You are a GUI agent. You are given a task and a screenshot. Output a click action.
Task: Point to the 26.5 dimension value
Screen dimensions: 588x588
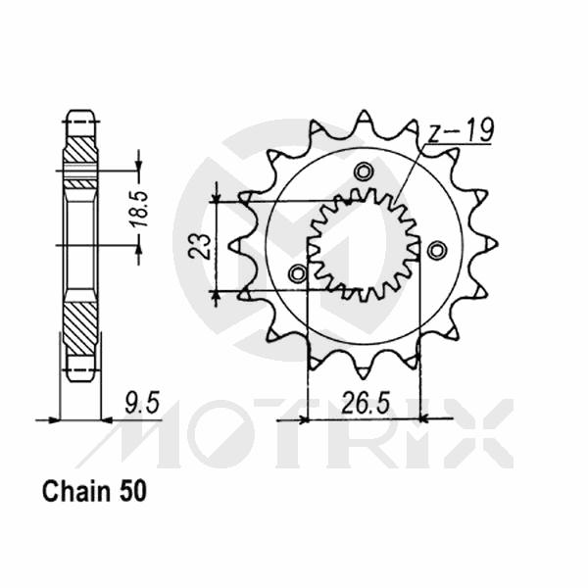363,402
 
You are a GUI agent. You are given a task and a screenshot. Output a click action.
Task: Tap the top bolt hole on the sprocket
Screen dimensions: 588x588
365,171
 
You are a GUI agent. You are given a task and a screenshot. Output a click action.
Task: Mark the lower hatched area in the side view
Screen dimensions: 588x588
80,329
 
